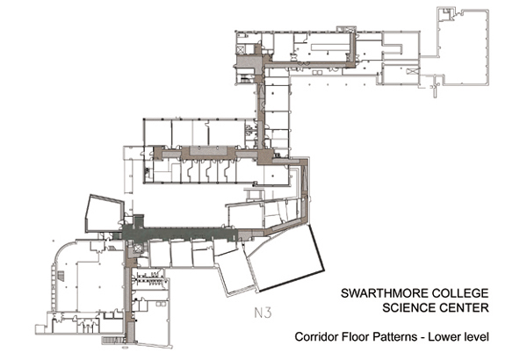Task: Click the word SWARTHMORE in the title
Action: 384,293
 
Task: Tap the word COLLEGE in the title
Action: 460,293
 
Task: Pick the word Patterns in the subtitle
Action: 394,336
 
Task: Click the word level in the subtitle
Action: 476,336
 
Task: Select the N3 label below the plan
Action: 263,313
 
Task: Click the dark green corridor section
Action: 178,234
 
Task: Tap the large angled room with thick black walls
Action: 285,259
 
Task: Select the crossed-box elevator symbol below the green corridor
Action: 138,248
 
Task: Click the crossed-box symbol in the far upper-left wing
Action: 241,50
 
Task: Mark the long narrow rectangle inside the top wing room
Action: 329,47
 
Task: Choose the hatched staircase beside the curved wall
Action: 61,276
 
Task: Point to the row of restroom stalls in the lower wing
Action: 148,280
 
